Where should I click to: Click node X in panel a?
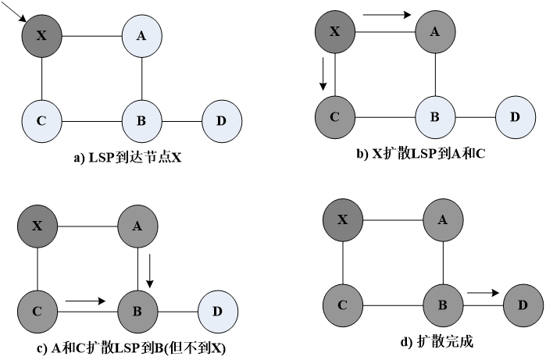pos(41,35)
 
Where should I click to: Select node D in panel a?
pos(221,121)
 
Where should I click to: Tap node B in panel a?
pos(141,121)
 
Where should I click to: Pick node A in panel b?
pos(434,32)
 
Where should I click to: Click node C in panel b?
pos(334,118)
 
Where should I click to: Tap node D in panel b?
pos(515,118)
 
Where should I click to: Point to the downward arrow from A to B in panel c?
pos(152,269)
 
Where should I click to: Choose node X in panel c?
pos(37,226)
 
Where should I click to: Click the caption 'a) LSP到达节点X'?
pos(127,158)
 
